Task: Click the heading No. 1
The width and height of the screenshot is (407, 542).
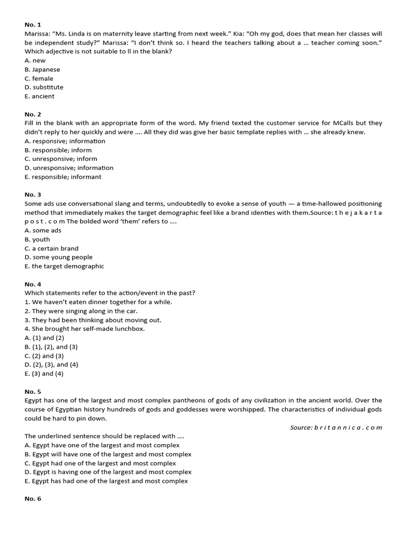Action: (x=33, y=25)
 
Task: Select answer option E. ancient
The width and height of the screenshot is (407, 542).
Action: (x=40, y=96)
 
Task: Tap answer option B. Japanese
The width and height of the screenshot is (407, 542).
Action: (x=42, y=69)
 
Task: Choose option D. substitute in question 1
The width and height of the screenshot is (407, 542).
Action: (x=44, y=87)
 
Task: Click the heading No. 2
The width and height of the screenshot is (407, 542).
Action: (x=33, y=114)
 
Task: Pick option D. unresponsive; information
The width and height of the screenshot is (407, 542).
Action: (x=69, y=168)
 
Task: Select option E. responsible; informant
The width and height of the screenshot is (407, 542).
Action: (x=63, y=177)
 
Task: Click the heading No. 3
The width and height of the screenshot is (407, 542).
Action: (x=33, y=195)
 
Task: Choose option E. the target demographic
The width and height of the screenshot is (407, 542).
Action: (x=65, y=266)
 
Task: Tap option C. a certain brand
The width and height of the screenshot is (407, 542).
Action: (x=51, y=248)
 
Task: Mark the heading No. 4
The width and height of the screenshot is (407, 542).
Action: (x=33, y=284)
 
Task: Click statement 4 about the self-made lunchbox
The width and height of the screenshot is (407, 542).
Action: (x=85, y=329)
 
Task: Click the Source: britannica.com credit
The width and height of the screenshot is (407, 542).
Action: (x=336, y=427)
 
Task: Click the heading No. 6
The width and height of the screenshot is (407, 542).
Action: (x=33, y=499)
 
